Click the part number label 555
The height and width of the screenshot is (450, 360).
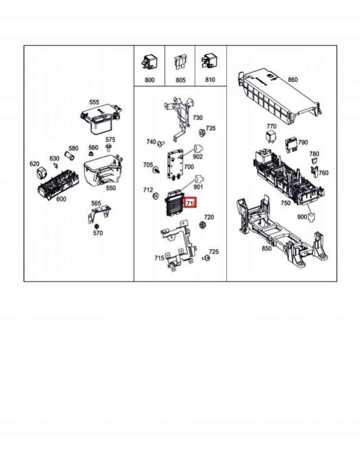point(94,102)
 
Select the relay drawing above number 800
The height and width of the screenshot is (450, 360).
point(148,63)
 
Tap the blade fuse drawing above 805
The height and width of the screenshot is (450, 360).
point(180,63)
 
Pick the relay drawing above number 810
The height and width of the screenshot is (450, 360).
point(209,62)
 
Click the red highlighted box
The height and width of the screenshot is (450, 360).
point(190,203)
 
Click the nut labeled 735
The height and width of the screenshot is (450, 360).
point(202,133)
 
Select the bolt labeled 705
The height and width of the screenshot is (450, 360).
point(157,170)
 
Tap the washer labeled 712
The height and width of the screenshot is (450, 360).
point(156,197)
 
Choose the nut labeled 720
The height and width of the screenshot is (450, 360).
point(203,225)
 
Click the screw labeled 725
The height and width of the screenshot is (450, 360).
point(206,258)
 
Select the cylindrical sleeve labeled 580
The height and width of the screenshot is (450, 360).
point(69,156)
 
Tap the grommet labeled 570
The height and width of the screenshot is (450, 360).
point(96,226)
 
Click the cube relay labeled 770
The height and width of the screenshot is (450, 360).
point(271,137)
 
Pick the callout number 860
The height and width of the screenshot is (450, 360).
point(292,79)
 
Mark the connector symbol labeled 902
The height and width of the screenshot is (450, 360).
point(198,149)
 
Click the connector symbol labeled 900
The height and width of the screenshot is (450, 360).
point(311,217)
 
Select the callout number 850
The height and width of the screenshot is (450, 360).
point(266,248)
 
